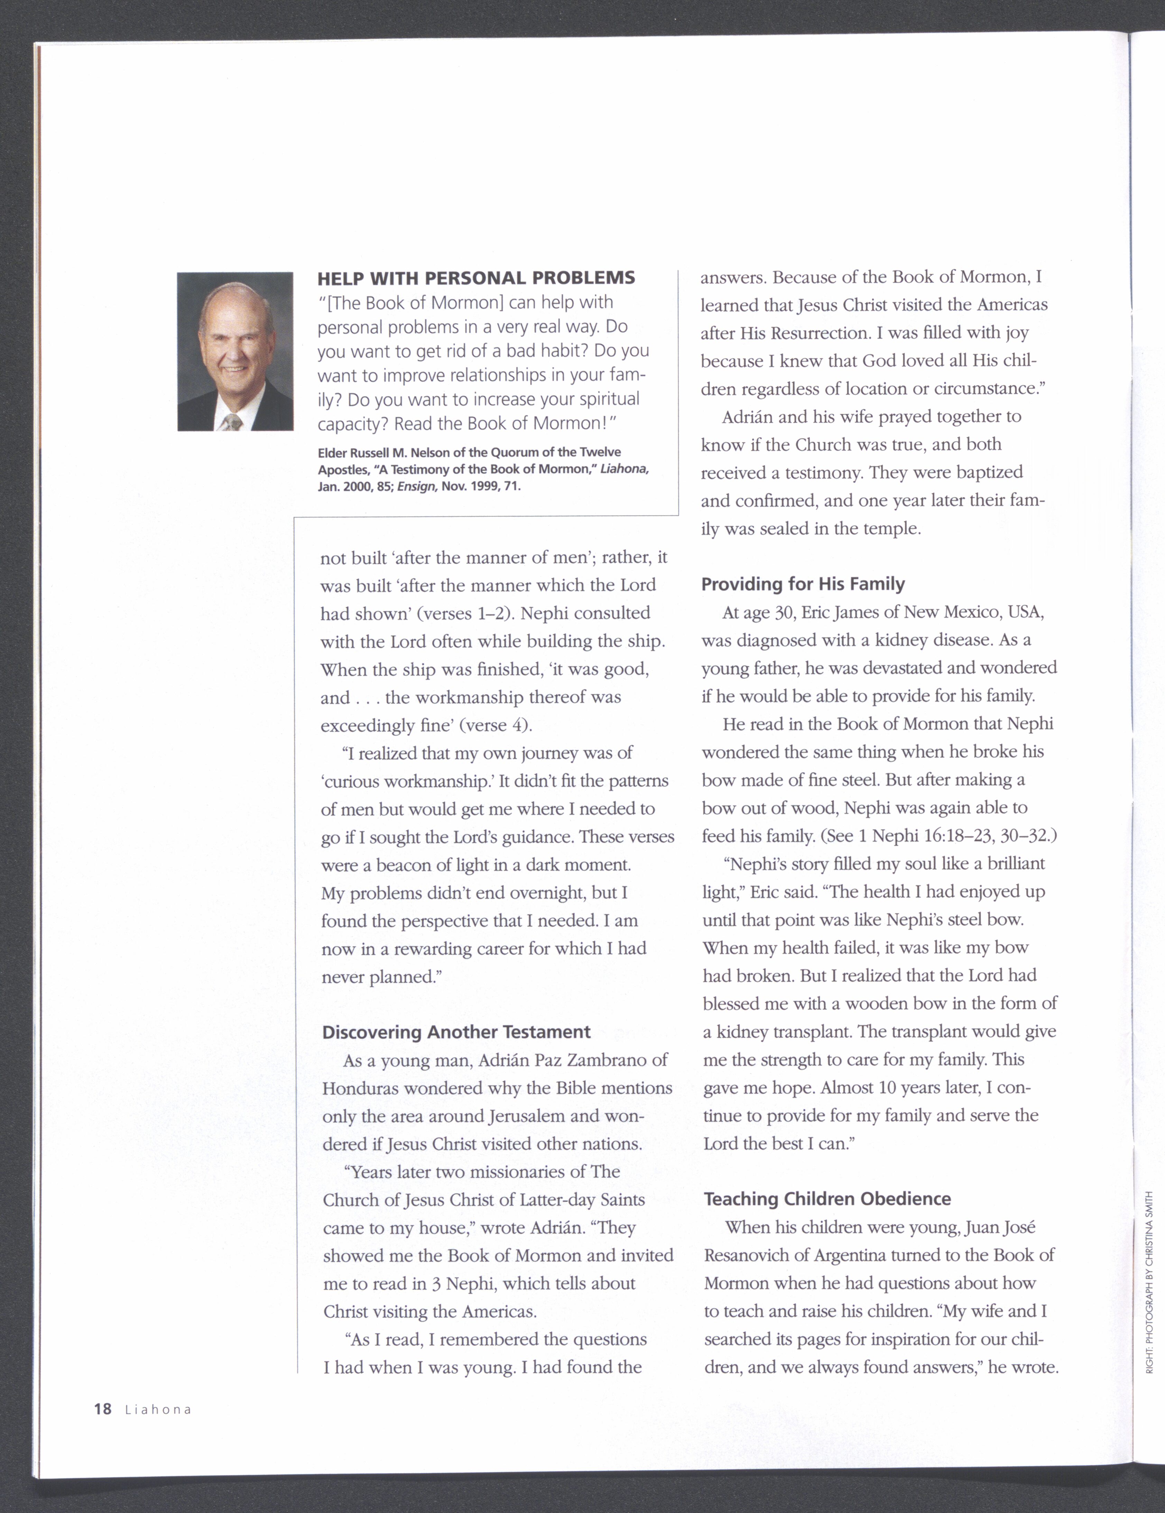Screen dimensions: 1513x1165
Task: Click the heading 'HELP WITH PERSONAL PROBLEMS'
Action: (476, 278)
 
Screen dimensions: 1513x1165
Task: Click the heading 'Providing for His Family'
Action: (803, 584)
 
